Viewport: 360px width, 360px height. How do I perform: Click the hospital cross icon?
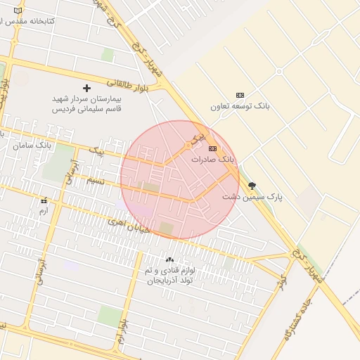(x=87, y=88)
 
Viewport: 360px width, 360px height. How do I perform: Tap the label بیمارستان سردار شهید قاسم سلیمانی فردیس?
(x=87, y=104)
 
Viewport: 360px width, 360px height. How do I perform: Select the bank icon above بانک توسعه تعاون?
(x=240, y=95)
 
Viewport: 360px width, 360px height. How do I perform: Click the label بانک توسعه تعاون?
(x=240, y=106)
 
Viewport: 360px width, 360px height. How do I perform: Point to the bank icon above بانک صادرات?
(x=212, y=148)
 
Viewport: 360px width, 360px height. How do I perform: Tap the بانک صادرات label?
(x=212, y=160)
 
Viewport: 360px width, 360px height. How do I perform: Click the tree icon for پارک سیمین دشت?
(x=252, y=186)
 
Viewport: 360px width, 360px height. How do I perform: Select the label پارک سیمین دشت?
(x=252, y=197)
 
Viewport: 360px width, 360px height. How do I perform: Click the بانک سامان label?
(x=32, y=145)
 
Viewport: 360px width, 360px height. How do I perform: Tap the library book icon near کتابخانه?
(x=7, y=22)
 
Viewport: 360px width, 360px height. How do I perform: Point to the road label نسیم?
(x=95, y=181)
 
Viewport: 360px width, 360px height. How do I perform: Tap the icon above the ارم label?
(x=44, y=200)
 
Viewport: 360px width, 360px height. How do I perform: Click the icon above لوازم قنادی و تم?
(x=169, y=259)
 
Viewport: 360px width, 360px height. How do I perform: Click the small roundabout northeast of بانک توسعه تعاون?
(x=278, y=71)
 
